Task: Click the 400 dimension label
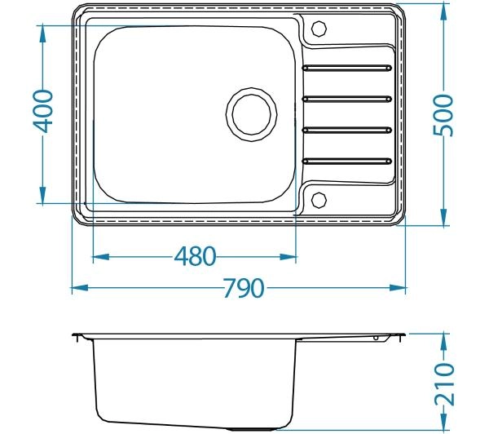(x=43, y=111)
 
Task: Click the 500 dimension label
(x=443, y=115)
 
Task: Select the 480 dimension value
(x=195, y=256)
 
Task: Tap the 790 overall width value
(x=244, y=288)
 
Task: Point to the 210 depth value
(x=444, y=384)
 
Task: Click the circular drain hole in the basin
(x=251, y=114)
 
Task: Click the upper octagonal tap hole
(x=319, y=29)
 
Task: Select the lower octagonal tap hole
(x=319, y=200)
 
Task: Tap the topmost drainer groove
(x=347, y=68)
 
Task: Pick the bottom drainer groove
(x=347, y=161)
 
